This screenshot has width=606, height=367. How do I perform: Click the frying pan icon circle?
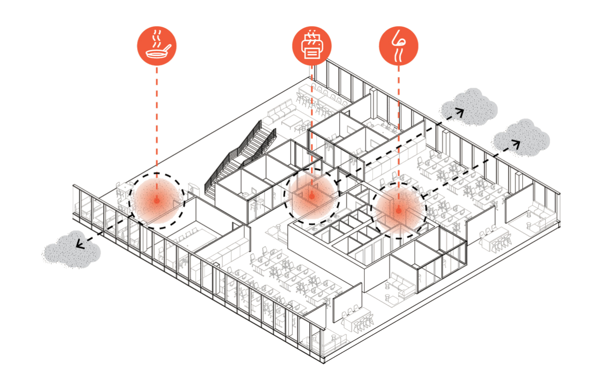click(x=157, y=46)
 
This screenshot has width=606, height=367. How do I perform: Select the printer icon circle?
click(x=312, y=46)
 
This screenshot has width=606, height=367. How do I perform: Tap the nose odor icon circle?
click(x=398, y=46)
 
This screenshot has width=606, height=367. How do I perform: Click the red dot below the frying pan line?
click(x=157, y=200)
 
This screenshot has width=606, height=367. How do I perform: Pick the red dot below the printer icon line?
click(x=312, y=196)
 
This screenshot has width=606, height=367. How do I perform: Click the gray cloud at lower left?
click(x=71, y=251)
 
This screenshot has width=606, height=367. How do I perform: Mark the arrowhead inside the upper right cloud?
click(x=461, y=112)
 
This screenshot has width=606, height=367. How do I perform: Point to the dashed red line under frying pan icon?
click(x=157, y=117)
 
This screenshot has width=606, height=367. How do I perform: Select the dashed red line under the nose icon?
click(x=398, y=126)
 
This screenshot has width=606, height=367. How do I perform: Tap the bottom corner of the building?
click(x=324, y=360)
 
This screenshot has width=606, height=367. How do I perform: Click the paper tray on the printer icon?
click(x=311, y=53)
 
